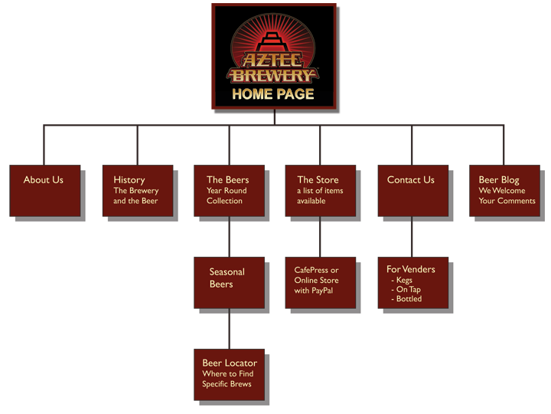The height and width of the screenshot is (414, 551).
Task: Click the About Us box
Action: point(45,190)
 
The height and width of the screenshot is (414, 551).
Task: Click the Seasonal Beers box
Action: point(229,282)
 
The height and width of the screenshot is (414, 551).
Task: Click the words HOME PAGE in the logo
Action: point(273,94)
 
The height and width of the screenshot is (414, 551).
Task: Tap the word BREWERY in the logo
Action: point(273,75)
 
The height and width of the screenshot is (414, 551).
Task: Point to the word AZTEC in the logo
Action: point(273,60)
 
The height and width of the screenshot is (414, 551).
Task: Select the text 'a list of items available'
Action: point(320,196)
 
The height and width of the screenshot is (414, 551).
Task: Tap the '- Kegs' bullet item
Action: point(403,281)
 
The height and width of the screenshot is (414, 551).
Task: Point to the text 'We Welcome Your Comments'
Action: point(507,196)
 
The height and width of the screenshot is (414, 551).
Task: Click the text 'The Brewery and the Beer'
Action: point(135,196)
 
